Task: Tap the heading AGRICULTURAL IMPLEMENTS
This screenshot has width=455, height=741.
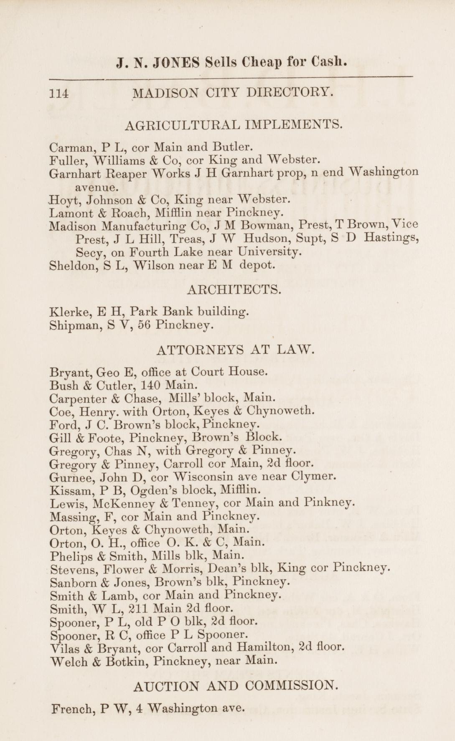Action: (233, 124)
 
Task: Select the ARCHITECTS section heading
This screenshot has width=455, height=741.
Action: (233, 289)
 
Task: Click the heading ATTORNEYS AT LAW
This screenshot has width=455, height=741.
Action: (234, 349)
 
